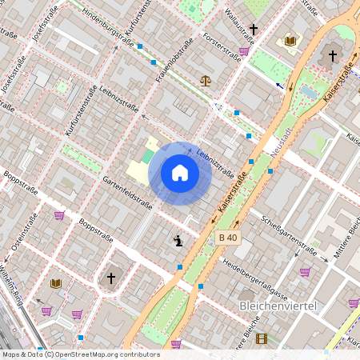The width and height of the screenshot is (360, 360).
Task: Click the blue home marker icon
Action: pos(180,172)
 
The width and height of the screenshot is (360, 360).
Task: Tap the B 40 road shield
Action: pos(227,238)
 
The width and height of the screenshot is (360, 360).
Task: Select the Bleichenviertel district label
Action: pos(278,306)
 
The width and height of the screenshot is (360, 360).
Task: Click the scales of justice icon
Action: pos(206,80)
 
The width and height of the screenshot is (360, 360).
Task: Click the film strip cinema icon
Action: pos(261,338)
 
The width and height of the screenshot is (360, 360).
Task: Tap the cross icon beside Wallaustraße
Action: pos(254,30)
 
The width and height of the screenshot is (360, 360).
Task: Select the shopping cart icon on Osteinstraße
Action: pos(59,214)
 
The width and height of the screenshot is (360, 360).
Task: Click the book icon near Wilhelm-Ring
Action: pos(55,283)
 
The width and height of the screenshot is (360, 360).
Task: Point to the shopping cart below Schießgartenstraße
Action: pos(305,271)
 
